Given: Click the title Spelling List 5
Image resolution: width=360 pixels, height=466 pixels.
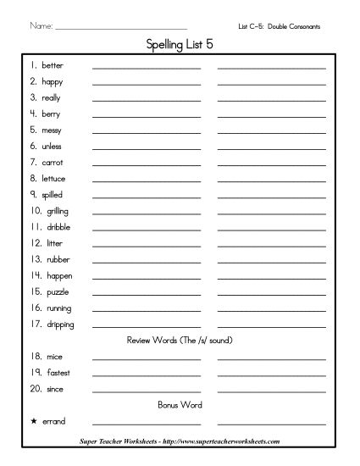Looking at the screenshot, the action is [180, 43].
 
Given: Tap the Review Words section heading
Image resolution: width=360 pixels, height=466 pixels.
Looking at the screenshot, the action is [180, 341].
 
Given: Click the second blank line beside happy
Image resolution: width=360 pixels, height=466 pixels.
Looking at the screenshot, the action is [271, 84].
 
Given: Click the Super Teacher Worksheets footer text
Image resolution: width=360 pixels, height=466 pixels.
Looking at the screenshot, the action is [180, 441].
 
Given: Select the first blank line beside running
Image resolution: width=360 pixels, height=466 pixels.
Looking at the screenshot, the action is [147, 310].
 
